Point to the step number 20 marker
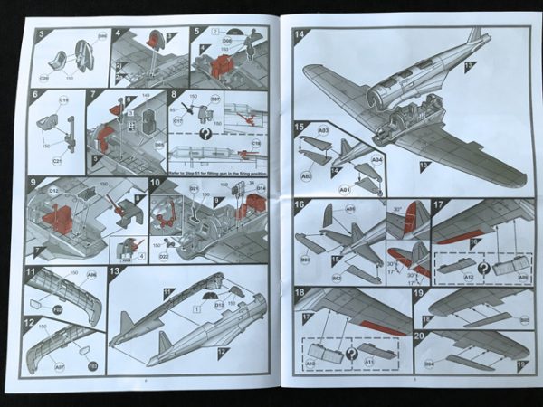tap(420, 336)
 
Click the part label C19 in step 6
tap(64, 100)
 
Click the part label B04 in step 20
tap(428, 364)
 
